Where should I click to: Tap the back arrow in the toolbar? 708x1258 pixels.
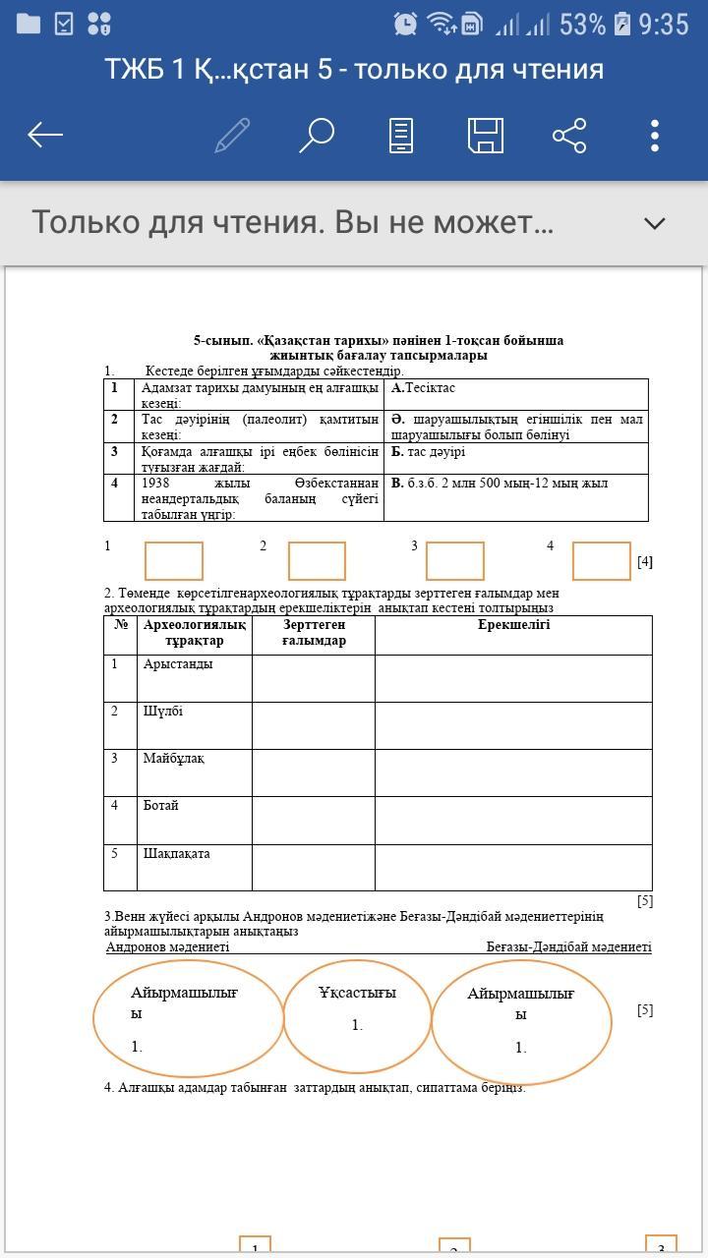(45, 135)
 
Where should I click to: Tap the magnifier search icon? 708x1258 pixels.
(317, 135)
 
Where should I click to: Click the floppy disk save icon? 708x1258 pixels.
(485, 135)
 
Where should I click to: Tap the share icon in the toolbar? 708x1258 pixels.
(569, 135)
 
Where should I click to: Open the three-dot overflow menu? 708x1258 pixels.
(655, 135)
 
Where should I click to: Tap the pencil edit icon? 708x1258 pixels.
(232, 135)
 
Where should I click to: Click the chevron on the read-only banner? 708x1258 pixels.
(655, 223)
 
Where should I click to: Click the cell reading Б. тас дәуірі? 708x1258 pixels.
(428, 452)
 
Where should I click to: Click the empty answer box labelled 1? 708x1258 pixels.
(174, 561)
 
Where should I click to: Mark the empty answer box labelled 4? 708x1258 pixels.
(601, 561)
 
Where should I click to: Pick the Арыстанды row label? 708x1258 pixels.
(178, 664)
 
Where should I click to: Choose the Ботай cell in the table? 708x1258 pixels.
(161, 806)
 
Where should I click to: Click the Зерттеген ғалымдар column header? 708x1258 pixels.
(314, 632)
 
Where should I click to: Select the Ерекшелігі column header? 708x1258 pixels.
(513, 625)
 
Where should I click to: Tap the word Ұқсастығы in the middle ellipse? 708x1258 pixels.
(357, 993)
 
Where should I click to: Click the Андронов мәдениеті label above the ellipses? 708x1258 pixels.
(168, 946)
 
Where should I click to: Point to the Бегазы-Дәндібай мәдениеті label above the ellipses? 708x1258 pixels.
(568, 946)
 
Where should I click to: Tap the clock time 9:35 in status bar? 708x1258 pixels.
(664, 24)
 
